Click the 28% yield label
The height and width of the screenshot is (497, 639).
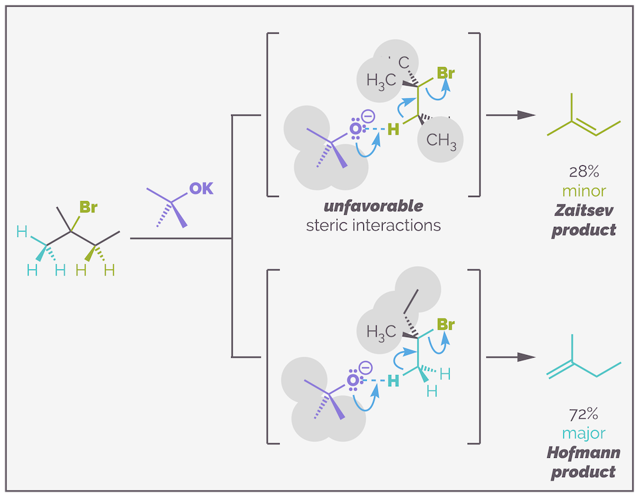584,171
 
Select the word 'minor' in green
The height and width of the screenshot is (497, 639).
584,191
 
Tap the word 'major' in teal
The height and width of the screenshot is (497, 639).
584,434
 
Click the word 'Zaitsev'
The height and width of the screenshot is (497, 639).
584,210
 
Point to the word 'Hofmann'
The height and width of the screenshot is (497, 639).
584,453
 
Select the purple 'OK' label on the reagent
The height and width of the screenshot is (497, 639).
201,188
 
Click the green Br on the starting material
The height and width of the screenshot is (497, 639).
88,207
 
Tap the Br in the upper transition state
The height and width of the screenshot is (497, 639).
446,73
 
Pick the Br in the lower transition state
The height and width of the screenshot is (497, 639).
446,324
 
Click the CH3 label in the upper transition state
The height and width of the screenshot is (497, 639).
441,141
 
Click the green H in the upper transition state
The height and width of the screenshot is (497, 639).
394,129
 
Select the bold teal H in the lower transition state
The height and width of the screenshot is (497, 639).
394,381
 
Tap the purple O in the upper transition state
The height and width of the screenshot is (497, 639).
355,129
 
